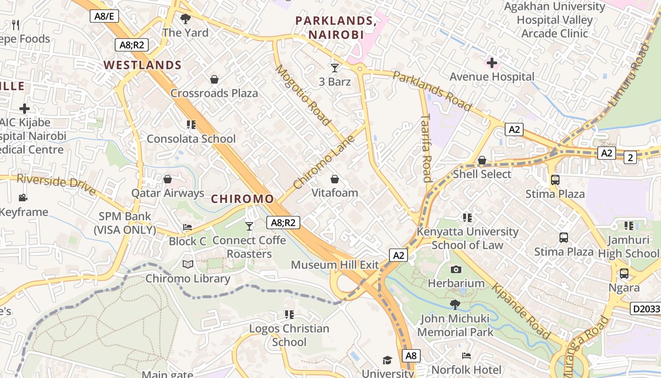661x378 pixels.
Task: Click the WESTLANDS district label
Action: pos(143,65)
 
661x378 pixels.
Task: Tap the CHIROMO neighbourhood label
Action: pos(242,199)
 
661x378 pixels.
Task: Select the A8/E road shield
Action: pos(104,16)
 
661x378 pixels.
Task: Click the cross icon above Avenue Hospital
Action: pos(492,63)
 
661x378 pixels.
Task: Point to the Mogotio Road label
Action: pos(303,95)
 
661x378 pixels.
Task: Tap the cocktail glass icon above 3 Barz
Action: pos(335,68)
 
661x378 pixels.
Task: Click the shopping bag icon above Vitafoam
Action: pos(335,179)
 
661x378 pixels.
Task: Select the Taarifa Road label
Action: pos(426,147)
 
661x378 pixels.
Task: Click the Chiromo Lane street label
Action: pos(323,162)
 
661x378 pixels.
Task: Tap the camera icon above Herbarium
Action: pos(456,269)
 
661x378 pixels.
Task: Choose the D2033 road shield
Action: pos(645,309)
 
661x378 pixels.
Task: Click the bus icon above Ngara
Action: pos(624,273)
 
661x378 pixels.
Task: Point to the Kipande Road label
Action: pos(521,311)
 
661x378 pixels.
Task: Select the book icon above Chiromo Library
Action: pos(188,265)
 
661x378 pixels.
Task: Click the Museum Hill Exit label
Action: pos(335,265)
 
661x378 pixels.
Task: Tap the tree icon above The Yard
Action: pos(186,19)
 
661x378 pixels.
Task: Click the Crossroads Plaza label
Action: pos(214,93)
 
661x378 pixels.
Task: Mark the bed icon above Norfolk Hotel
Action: pos(466,356)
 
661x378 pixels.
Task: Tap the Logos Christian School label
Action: pos(289,335)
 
